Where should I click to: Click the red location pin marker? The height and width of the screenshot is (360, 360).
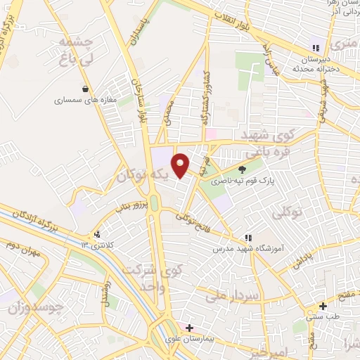[x=181, y=164]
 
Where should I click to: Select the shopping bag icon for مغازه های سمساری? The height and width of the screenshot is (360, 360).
[x=85, y=89]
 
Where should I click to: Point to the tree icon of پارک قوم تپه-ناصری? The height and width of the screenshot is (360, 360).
[x=243, y=169]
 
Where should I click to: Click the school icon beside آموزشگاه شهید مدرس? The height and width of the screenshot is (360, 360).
[x=247, y=238]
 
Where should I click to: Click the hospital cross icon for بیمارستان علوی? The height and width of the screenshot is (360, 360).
[x=188, y=328]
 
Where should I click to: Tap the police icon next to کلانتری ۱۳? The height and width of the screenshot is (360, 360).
[x=97, y=235]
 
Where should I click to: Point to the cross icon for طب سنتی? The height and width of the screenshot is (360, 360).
[x=323, y=306]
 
